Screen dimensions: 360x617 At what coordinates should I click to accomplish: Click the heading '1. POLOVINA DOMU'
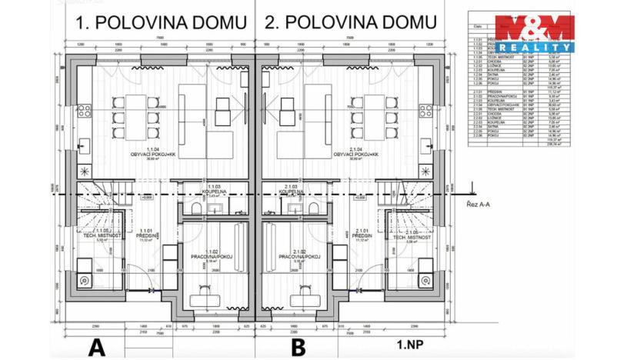(x=160, y=22)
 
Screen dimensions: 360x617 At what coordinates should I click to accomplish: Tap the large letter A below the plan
(x=96, y=346)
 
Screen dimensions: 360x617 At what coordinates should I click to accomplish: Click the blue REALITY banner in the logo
(x=534, y=47)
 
